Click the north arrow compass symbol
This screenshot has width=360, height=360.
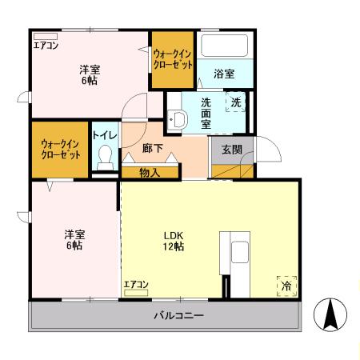[330, 314]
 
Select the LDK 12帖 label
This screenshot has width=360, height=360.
[174, 241]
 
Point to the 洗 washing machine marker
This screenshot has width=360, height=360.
[236, 102]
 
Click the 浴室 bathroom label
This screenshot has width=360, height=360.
[224, 74]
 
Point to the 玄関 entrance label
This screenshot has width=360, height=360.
[232, 149]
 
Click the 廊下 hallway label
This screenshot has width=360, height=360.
[152, 149]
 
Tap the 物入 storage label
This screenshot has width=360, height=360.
[150, 171]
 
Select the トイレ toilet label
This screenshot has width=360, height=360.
[103, 135]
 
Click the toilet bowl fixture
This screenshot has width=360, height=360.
[103, 158]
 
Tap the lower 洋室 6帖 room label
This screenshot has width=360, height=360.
[74, 240]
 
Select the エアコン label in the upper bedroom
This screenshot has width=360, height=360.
[46, 45]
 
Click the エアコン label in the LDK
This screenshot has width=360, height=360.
[136, 284]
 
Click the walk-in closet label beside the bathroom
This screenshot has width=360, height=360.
[172, 58]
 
